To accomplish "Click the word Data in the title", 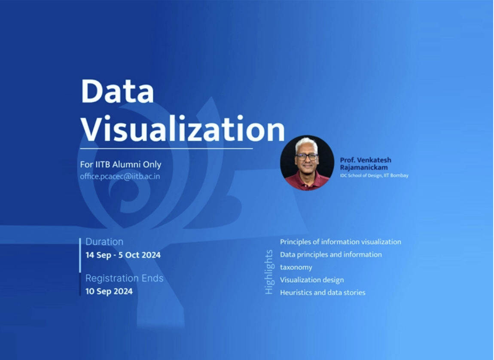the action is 118,91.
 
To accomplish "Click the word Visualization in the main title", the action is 183,128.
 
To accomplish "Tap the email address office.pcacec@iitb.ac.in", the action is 120,177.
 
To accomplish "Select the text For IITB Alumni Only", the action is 121,165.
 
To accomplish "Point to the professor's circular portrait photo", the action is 307,163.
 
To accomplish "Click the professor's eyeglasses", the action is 307,156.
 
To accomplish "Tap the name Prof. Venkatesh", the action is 366,160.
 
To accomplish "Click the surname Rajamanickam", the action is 364,168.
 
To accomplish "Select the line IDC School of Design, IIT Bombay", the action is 374,175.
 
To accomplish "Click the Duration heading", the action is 104,241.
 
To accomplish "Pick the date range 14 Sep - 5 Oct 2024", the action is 123,255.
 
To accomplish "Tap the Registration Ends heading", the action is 125,278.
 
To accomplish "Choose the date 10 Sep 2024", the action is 109,291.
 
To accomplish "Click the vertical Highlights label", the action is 269,272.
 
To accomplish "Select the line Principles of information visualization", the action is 341,242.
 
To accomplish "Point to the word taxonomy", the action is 296,267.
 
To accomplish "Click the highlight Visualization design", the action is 312,280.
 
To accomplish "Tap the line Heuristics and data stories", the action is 323,293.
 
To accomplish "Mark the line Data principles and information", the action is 331,254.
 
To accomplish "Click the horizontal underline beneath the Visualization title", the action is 166,148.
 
